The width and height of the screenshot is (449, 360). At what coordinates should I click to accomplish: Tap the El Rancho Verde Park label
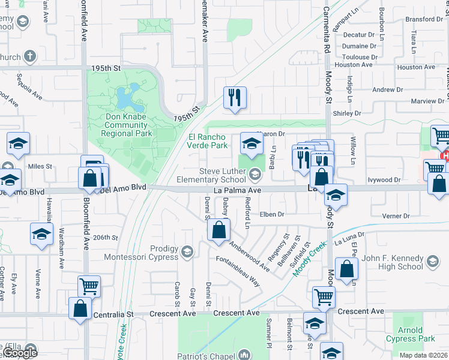pyautogui.click(x=208, y=141)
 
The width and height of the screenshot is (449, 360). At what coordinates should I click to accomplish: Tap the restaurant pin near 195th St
pyautogui.click(x=232, y=98)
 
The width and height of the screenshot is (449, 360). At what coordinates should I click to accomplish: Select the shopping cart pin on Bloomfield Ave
pyautogui.click(x=89, y=286)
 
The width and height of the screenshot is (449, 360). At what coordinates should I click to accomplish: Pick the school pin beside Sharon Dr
pyautogui.click(x=251, y=143)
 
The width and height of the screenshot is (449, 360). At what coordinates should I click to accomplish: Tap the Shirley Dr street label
pyautogui.click(x=347, y=113)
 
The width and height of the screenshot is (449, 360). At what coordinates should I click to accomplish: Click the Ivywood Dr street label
pyautogui.click(x=384, y=179)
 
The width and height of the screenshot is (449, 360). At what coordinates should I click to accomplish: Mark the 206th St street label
pyautogui.click(x=106, y=238)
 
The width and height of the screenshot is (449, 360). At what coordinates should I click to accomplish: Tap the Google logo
pyautogui.click(x=20, y=353)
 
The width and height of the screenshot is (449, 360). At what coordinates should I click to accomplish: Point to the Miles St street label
pyautogui.click(x=40, y=166)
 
